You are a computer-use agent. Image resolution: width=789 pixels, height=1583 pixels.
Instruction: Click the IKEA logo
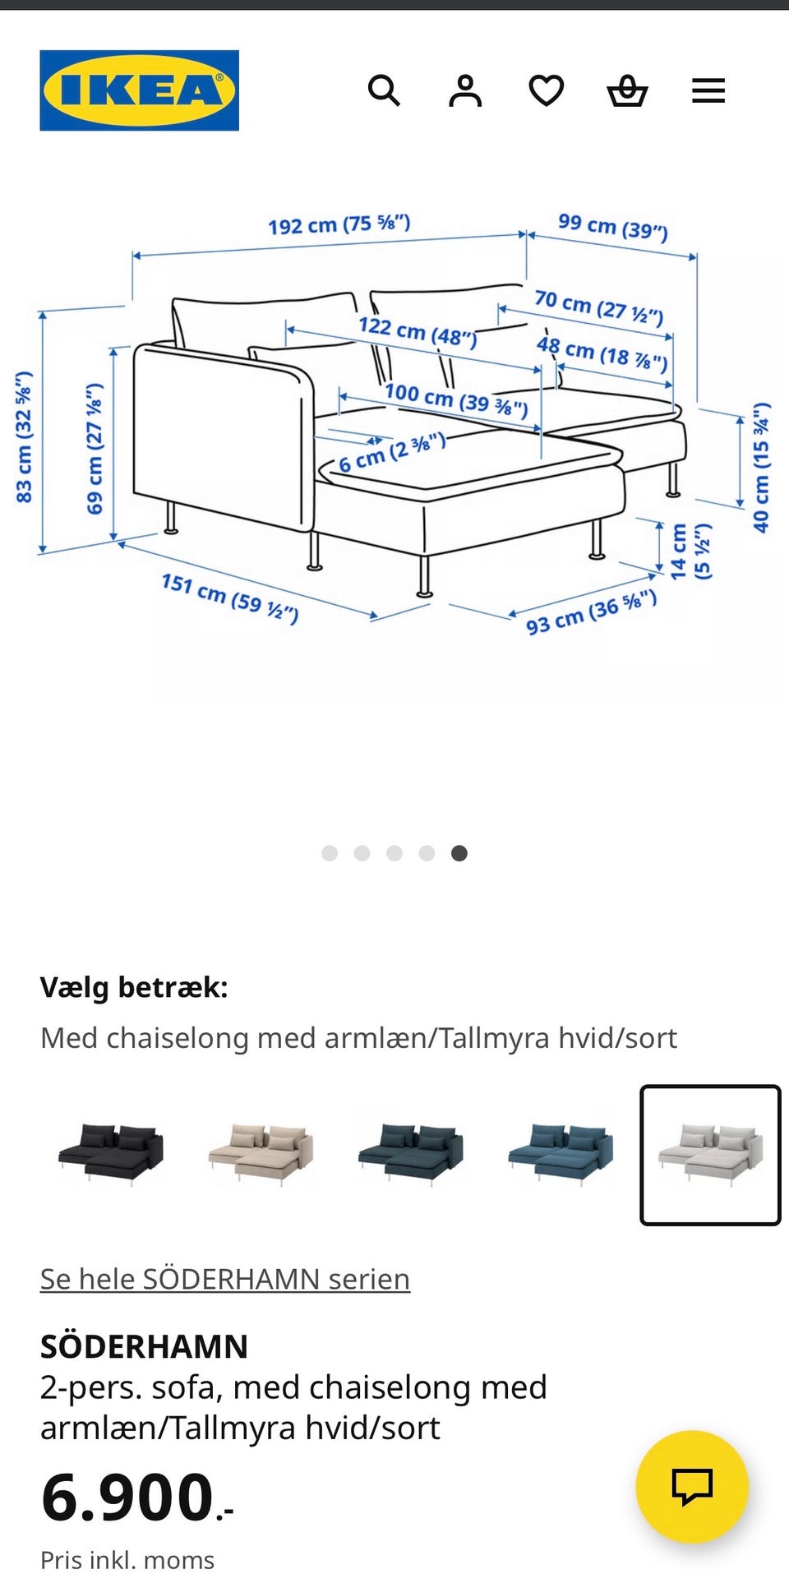[139, 90]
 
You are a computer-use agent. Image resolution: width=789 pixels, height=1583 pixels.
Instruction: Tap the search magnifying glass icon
[384, 90]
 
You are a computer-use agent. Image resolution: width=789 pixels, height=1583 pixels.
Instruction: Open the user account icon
[465, 90]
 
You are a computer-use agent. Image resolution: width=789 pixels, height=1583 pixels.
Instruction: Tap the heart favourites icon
[546, 90]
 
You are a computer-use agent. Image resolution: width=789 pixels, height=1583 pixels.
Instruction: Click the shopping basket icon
[627, 90]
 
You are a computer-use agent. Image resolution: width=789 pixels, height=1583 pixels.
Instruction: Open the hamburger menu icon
[708, 90]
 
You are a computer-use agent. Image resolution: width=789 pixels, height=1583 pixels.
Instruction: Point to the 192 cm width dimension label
[339, 224]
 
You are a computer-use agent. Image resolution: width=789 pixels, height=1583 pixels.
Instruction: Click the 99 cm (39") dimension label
[613, 226]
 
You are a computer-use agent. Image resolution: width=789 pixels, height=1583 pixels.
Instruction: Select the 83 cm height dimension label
[24, 436]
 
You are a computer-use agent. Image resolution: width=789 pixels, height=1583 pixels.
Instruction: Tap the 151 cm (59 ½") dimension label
[229, 598]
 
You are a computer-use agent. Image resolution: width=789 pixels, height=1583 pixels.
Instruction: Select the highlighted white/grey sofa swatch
[710, 1155]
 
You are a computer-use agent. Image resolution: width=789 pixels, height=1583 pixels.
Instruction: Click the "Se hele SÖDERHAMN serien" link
[225, 1279]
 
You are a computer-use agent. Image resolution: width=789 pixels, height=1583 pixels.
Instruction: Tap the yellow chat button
[692, 1486]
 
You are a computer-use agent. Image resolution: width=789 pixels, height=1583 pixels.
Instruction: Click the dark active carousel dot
[459, 853]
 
